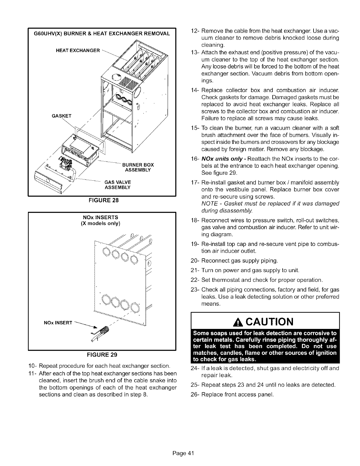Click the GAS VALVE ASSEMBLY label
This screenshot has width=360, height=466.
[x=117, y=184]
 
